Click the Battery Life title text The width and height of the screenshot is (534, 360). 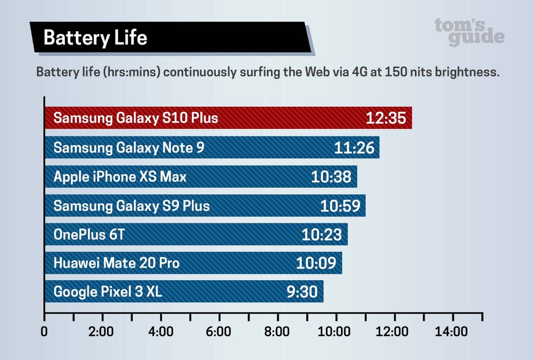coord(95,37)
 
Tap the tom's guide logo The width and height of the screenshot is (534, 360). coord(469,31)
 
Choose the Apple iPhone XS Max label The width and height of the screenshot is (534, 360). coord(120,177)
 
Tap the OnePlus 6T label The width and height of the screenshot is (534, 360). coord(89,235)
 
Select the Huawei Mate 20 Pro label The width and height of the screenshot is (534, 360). coord(116,263)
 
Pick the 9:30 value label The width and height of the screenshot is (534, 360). coord(302,292)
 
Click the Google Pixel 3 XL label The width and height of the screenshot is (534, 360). coord(108,292)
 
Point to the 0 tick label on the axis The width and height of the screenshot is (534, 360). coord(44,332)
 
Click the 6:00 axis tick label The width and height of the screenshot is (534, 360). coord(219,332)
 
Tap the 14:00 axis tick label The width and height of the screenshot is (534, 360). coord(453,332)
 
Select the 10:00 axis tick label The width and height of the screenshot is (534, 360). coord(335,332)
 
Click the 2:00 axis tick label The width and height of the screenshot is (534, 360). coord(101,332)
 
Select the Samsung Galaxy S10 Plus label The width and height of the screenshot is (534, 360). coord(135,118)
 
